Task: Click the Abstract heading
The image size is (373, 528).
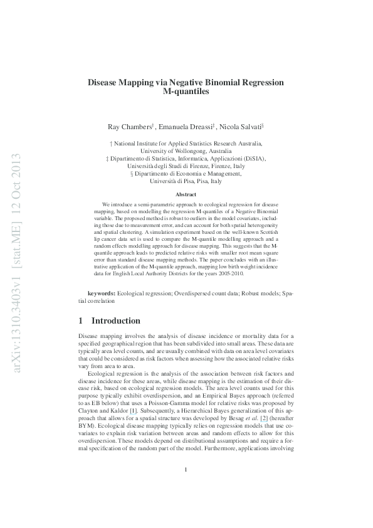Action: [186, 195]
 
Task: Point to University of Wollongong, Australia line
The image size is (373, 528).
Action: [186, 151]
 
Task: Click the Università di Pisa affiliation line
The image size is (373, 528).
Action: [186, 181]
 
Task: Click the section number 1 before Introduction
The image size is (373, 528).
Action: [80, 320]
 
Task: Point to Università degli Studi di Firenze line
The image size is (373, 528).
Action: [186, 166]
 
